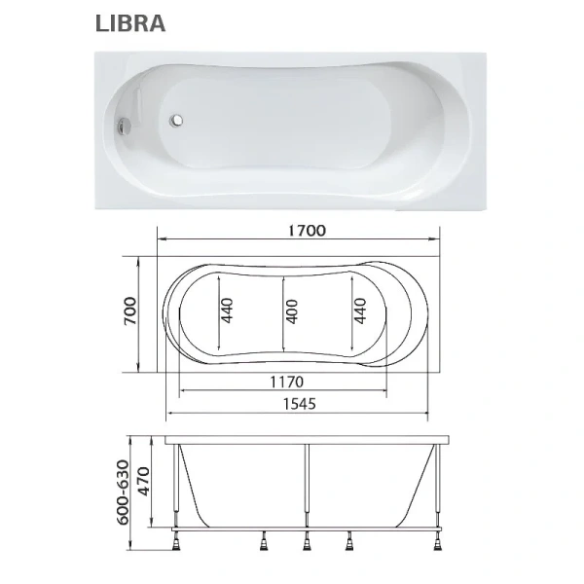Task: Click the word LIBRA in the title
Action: click(129, 23)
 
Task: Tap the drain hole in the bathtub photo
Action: click(178, 122)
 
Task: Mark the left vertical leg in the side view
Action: click(177, 487)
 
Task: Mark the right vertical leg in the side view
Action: click(437, 487)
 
